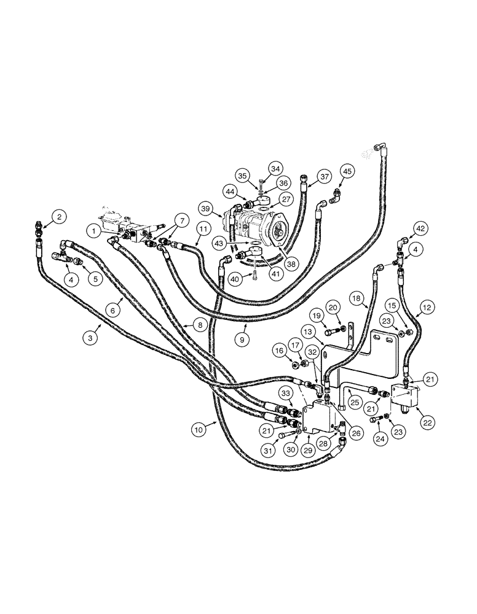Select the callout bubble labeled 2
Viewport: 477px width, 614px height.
(x=59, y=216)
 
